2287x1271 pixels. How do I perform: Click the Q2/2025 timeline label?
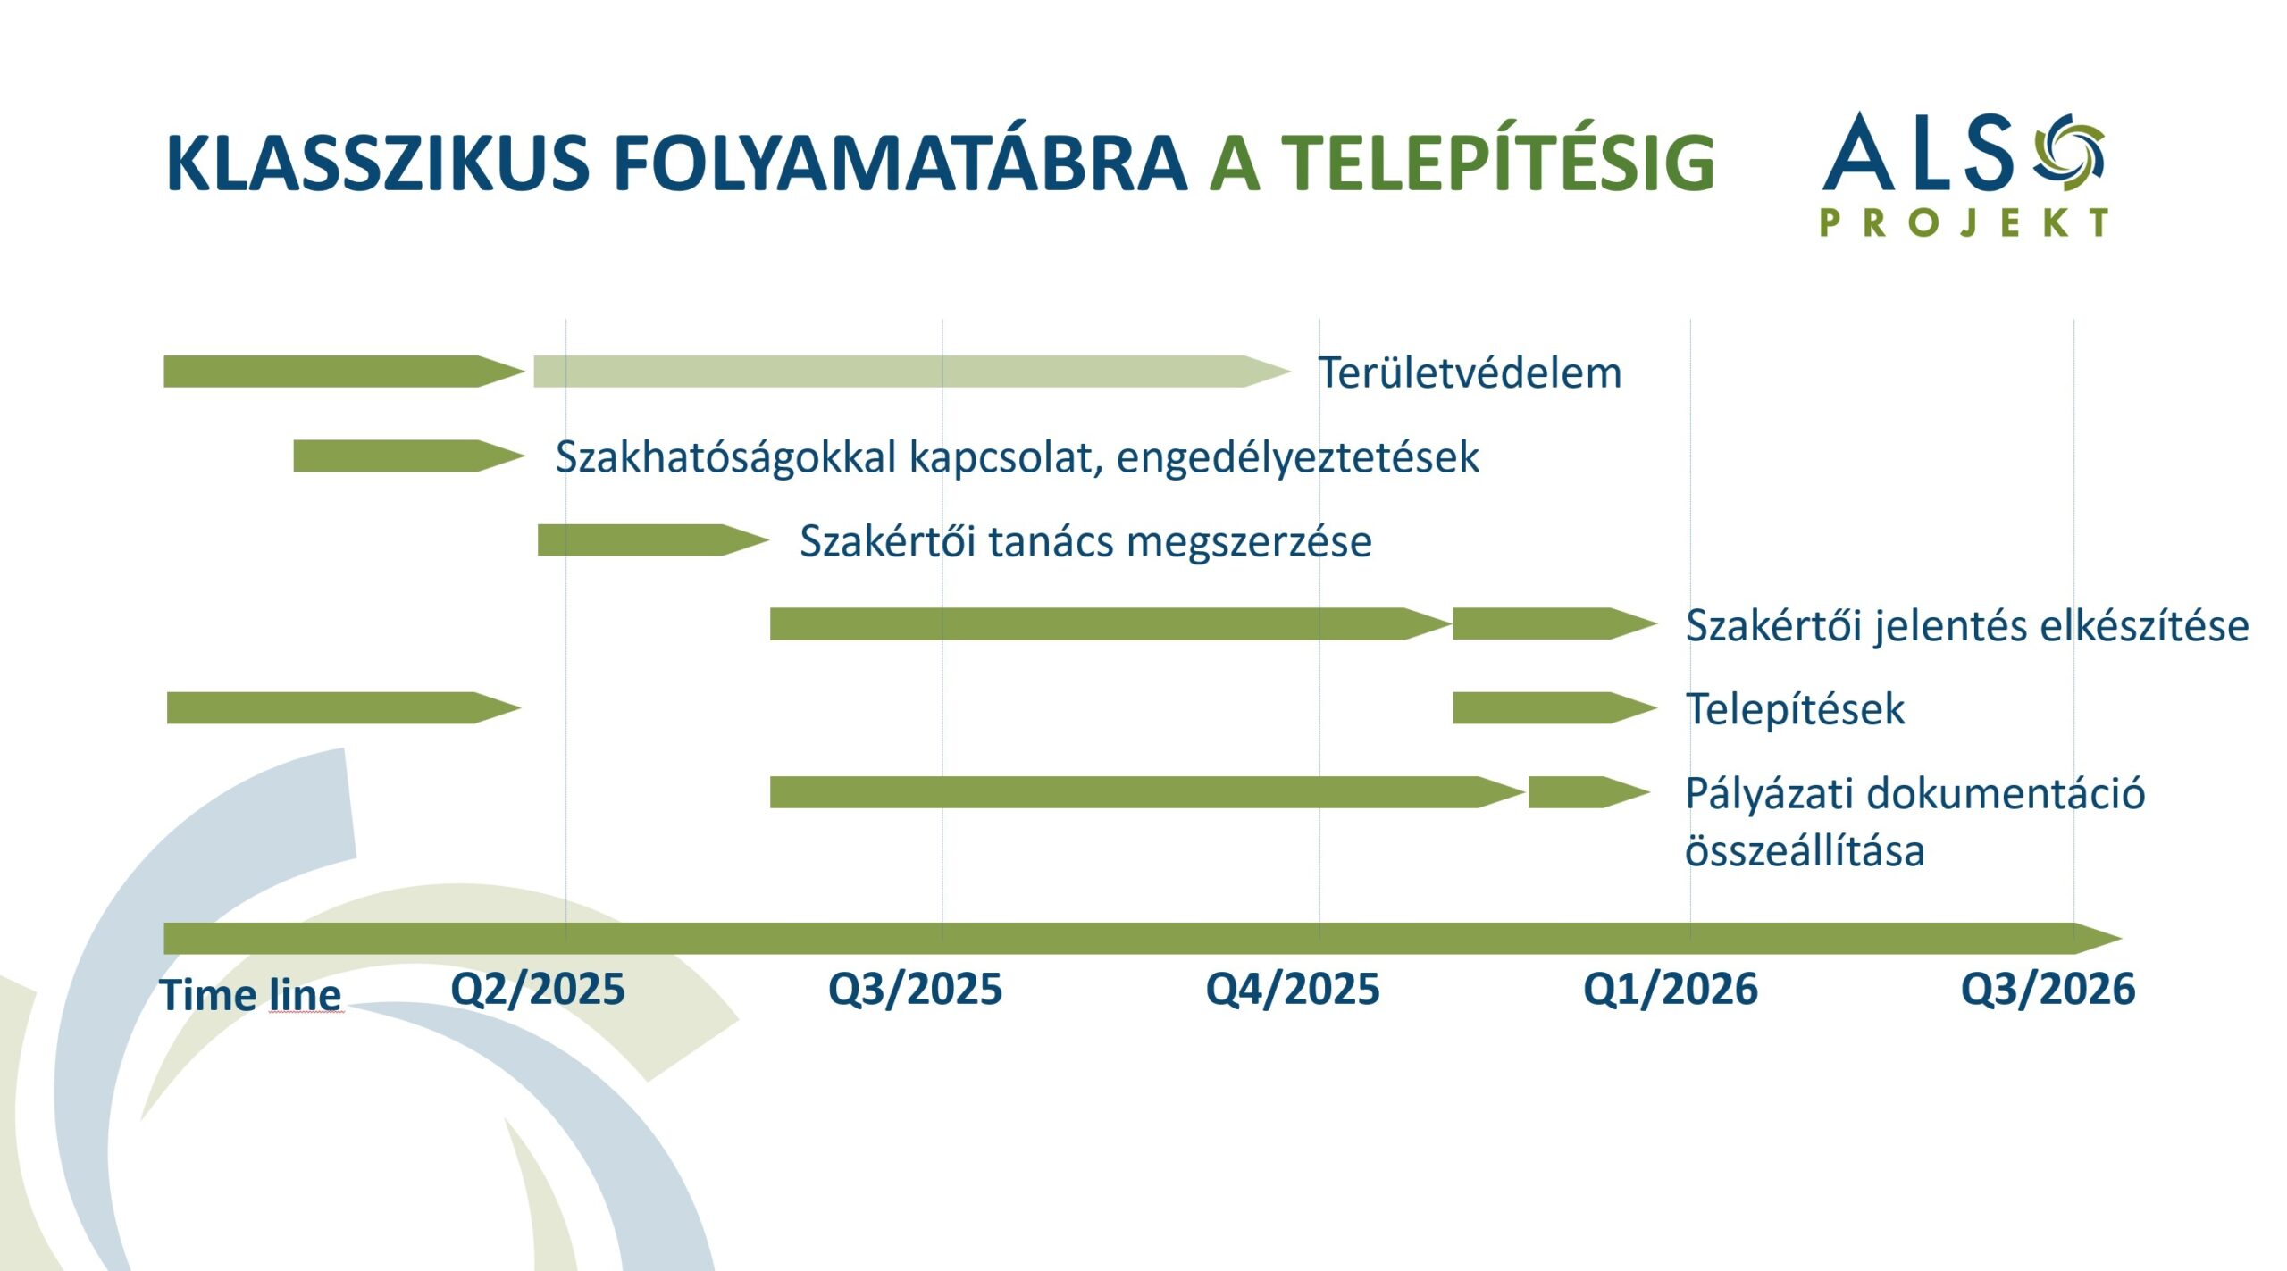tap(538, 990)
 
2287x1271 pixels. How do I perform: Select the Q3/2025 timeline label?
tap(916, 990)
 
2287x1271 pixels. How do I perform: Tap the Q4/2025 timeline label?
tap(1293, 990)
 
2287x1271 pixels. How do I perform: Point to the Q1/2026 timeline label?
tap(1671, 990)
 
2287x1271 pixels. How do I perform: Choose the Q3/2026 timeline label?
tap(2048, 990)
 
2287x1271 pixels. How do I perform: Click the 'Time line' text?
tap(251, 995)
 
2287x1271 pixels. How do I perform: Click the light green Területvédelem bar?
tap(912, 372)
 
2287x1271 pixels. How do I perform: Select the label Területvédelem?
tap(1470, 372)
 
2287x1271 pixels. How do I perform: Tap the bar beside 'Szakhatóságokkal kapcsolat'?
tap(409, 456)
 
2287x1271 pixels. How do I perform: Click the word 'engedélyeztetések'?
tap(1297, 458)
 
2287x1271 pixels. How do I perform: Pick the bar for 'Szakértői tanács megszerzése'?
tap(653, 539)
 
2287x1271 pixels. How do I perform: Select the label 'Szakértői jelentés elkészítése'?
tap(1967, 626)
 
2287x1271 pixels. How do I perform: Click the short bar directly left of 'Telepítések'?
tap(1555, 707)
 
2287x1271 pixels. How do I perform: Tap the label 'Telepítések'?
tap(1795, 709)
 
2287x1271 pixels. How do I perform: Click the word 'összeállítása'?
tap(1805, 849)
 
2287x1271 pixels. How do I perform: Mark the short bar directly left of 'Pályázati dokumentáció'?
tap(1589, 792)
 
